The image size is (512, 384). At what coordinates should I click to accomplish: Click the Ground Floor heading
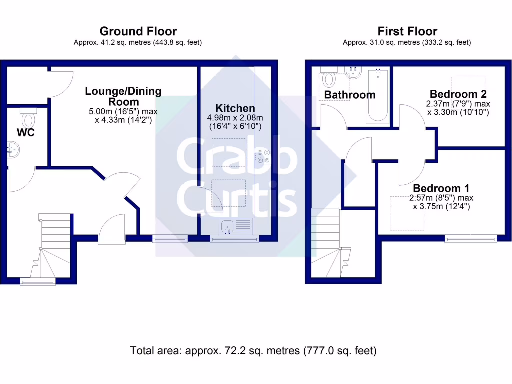coord(138,32)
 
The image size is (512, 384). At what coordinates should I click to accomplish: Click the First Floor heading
coord(407,32)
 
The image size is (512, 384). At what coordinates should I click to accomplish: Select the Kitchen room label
coord(235,108)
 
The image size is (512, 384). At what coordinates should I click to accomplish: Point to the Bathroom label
coord(349,95)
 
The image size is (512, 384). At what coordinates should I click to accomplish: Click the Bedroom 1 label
coord(441,188)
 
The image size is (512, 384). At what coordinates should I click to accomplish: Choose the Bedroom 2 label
coord(458,94)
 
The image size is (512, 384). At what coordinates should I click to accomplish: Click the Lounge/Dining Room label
coord(123,96)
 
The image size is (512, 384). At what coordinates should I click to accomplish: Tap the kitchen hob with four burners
coord(262,157)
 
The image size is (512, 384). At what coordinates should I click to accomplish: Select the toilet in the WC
coord(28,120)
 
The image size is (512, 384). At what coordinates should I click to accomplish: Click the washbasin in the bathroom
coord(353,73)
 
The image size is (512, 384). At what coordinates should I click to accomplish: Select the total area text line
coord(253,351)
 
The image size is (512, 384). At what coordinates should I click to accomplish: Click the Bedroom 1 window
coord(471,239)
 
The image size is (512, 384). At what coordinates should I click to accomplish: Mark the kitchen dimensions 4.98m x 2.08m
coord(235,122)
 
